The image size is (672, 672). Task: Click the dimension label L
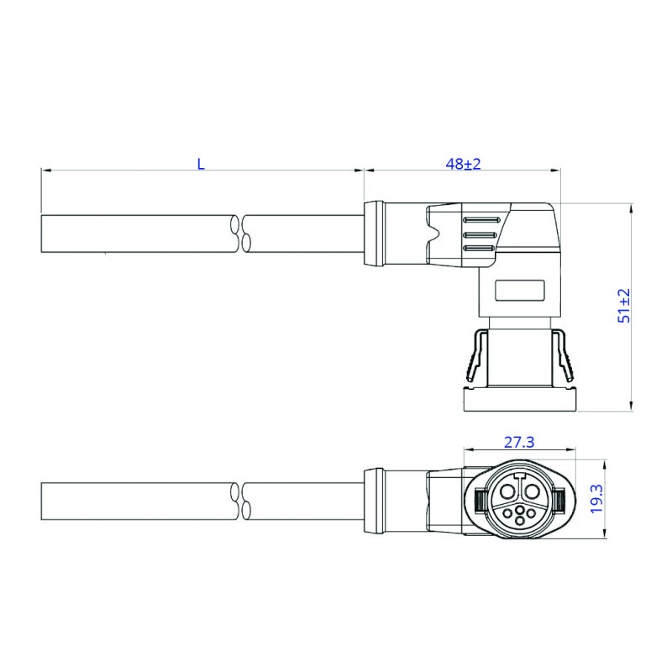coord(201,164)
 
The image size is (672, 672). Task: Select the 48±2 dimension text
coord(463,164)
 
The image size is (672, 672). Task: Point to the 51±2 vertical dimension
coord(624,306)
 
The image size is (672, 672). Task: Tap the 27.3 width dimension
coord(519,442)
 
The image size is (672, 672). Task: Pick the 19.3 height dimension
coord(596,498)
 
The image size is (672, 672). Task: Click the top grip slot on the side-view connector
coord(480,220)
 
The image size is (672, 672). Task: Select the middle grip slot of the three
coord(480,235)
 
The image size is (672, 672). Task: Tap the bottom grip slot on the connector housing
coord(478,249)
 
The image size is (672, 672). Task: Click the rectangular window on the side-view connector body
coord(519,290)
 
